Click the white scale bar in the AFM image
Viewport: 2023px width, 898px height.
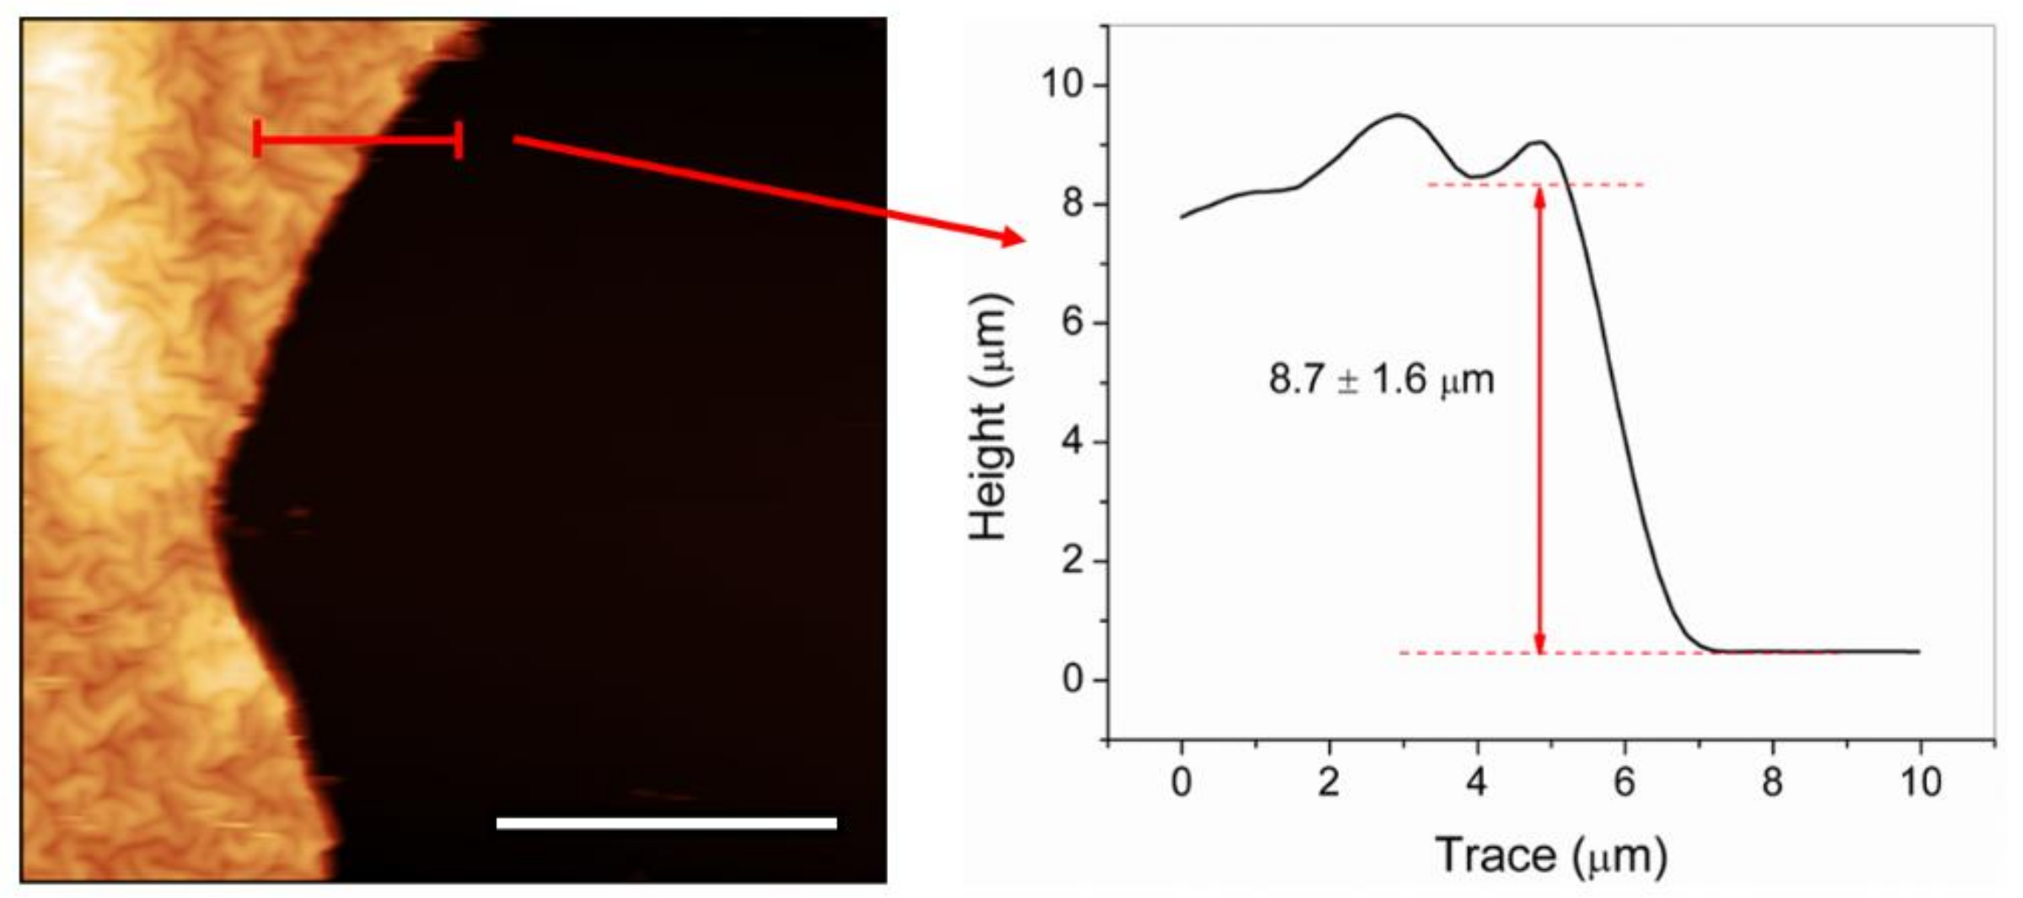click(667, 823)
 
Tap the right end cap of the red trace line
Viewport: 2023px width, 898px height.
click(459, 140)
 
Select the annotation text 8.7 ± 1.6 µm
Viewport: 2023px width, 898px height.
click(1381, 380)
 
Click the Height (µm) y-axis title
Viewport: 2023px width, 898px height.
click(989, 417)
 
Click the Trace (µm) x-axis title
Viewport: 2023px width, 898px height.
click(1551, 855)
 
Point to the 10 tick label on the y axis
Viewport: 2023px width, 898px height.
click(1065, 85)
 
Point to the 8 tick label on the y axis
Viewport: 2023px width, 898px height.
click(1074, 204)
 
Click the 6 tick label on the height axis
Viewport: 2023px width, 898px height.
click(1074, 323)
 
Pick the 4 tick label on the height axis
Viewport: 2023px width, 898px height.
click(1074, 442)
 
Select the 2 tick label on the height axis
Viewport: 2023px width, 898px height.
click(1074, 561)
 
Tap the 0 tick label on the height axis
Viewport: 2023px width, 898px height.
click(1074, 680)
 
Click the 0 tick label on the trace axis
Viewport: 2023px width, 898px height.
click(1181, 782)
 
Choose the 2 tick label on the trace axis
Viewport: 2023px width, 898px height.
click(1329, 782)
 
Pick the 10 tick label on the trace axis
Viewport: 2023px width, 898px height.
click(1921, 782)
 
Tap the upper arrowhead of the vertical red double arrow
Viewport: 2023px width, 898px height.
click(1540, 197)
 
